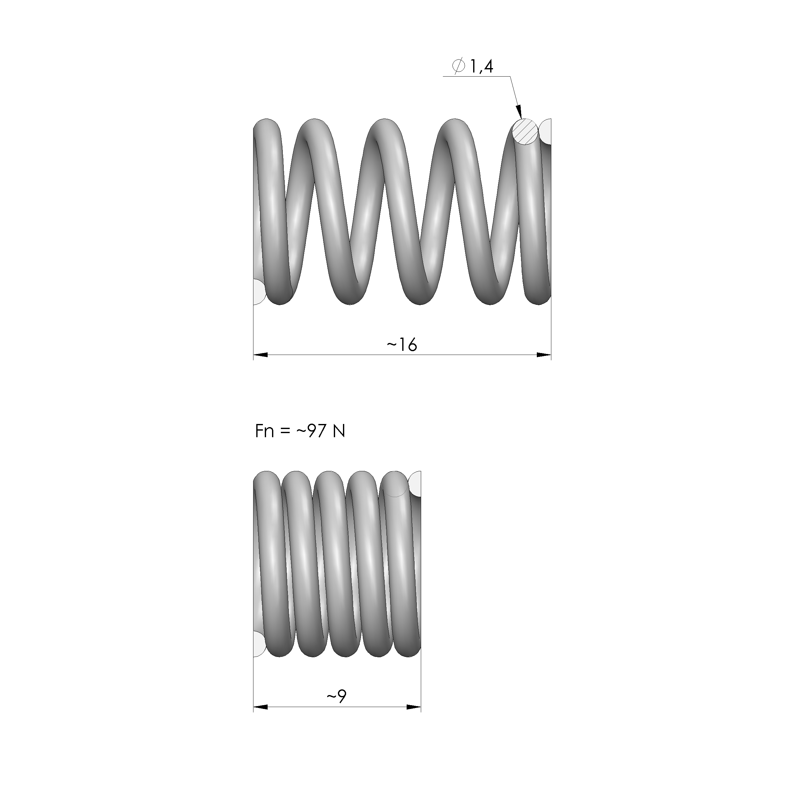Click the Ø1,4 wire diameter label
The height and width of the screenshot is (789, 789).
pos(473,66)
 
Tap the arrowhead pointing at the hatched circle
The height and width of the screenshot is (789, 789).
pos(519,112)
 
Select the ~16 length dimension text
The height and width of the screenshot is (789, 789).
pos(402,345)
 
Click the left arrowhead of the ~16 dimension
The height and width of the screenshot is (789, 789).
pos(261,355)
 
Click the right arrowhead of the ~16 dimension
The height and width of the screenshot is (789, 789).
pos(544,355)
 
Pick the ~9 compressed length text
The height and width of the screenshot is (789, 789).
pos(337,696)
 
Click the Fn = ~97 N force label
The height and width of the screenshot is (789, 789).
pos(300,431)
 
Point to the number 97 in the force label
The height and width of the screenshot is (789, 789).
pos(316,431)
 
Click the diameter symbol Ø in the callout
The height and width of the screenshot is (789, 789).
pos(459,67)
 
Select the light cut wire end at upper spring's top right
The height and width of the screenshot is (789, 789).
pos(546,131)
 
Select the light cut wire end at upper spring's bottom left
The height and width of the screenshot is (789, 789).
pos(258,292)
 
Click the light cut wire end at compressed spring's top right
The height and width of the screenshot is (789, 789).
pos(415,484)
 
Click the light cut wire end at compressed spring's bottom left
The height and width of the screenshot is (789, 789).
pos(258,644)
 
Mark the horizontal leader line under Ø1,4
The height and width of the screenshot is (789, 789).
pos(476,76)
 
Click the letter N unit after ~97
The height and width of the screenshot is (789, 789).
pos(339,431)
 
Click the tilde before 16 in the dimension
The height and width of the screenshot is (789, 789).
pos(391,345)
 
